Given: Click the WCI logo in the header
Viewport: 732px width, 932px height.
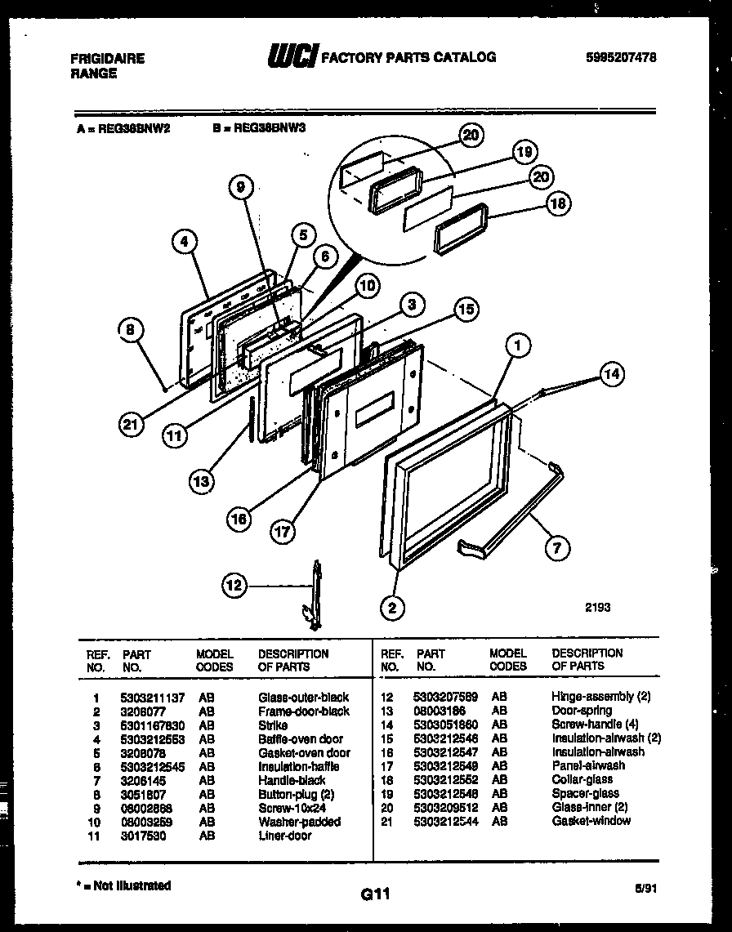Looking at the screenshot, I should click(x=292, y=56).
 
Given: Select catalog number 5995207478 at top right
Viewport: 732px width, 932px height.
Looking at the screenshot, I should click(x=621, y=57).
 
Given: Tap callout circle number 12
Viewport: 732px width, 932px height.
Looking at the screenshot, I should click(x=234, y=585).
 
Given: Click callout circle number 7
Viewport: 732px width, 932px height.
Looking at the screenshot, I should click(x=557, y=547).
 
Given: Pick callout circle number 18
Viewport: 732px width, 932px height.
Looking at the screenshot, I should click(x=558, y=204).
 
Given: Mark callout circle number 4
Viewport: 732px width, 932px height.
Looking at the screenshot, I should click(x=185, y=241).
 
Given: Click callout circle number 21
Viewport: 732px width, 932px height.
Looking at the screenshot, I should click(x=130, y=423).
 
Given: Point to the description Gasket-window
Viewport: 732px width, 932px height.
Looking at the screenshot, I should click(x=591, y=820).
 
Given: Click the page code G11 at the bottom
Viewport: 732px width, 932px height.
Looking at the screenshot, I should click(x=375, y=896).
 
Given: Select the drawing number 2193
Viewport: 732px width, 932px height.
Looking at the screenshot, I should click(x=597, y=607).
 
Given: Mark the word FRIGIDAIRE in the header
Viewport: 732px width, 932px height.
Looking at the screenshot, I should click(x=108, y=59).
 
